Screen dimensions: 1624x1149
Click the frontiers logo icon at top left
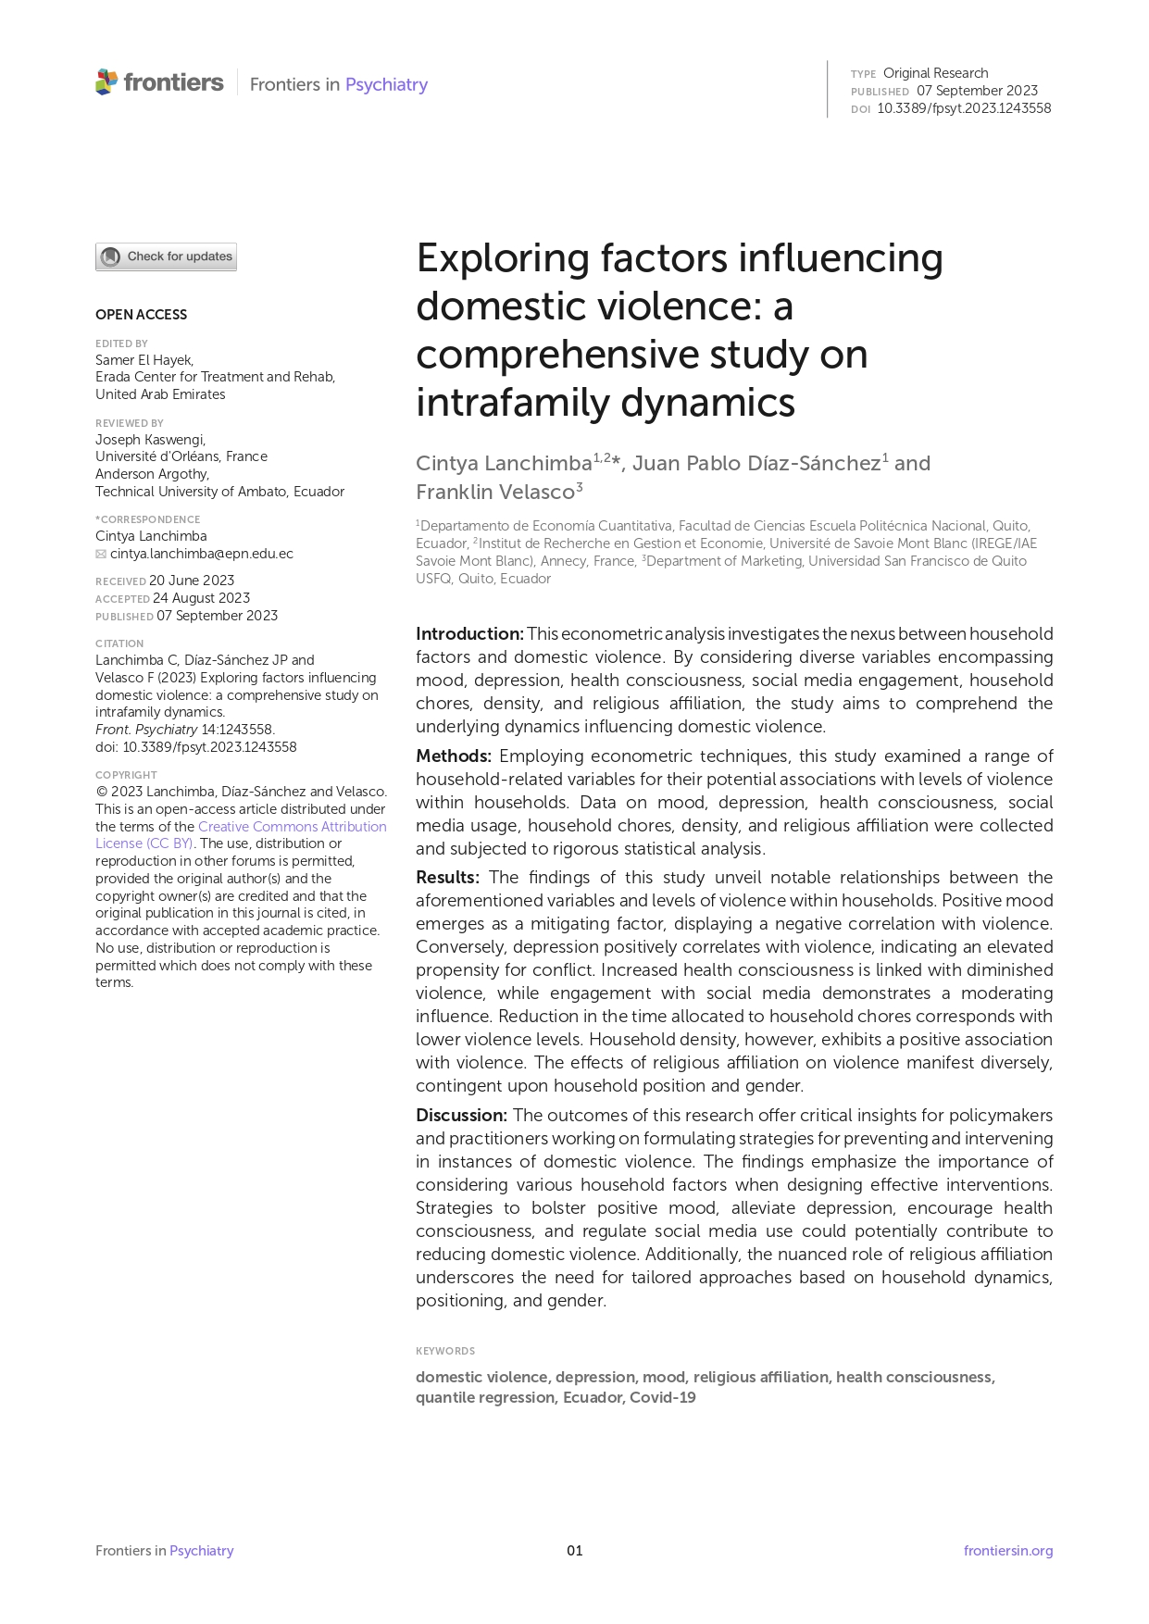click(106, 82)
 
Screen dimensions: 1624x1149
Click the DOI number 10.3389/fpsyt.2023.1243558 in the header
click(963, 108)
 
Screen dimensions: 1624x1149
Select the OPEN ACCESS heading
click(141, 315)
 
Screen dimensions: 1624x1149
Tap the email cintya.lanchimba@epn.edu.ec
click(201, 554)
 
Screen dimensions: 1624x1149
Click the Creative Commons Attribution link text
click(292, 827)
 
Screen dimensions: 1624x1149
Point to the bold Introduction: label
click(469, 634)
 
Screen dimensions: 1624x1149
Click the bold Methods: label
click(453, 756)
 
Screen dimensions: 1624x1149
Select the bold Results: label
click(447, 878)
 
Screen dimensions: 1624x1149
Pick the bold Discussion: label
click(461, 1116)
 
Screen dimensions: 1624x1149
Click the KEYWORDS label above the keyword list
click(445, 1351)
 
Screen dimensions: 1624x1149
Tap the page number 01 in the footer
click(575, 1551)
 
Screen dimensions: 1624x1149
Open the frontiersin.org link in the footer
click(1007, 1551)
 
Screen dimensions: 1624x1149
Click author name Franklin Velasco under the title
click(495, 493)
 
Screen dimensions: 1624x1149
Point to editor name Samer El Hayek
click(144, 360)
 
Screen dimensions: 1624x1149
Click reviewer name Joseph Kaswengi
click(150, 440)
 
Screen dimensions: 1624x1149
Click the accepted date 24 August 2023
click(201, 599)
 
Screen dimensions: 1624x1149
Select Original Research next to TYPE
click(935, 73)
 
